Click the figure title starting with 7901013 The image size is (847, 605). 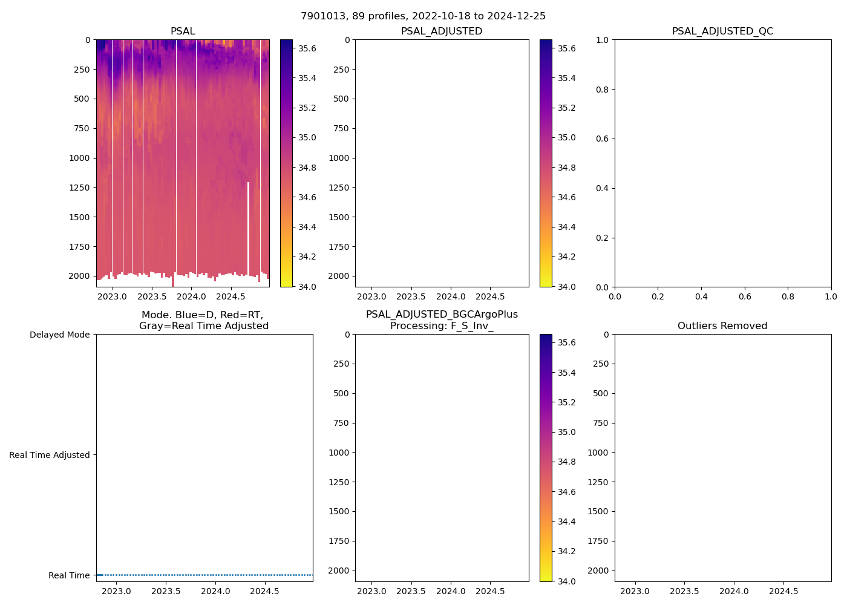[x=423, y=16]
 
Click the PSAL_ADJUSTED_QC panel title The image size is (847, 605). [x=722, y=31]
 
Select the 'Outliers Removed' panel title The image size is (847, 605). [x=722, y=325]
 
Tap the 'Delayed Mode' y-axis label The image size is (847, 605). [x=59, y=335]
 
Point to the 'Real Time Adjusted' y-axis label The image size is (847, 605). [x=49, y=455]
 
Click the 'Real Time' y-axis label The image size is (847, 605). [x=68, y=575]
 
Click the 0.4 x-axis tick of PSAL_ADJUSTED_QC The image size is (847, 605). [x=701, y=296]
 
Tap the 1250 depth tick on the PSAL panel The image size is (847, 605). [x=79, y=188]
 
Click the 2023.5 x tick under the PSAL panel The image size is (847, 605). [x=152, y=296]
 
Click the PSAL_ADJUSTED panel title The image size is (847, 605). [x=442, y=31]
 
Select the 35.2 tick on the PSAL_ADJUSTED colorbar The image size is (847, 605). [x=566, y=108]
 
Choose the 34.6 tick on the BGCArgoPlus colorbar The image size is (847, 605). [x=566, y=492]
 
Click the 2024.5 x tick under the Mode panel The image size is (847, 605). [x=264, y=591]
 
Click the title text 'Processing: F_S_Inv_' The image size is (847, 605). [x=442, y=325]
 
